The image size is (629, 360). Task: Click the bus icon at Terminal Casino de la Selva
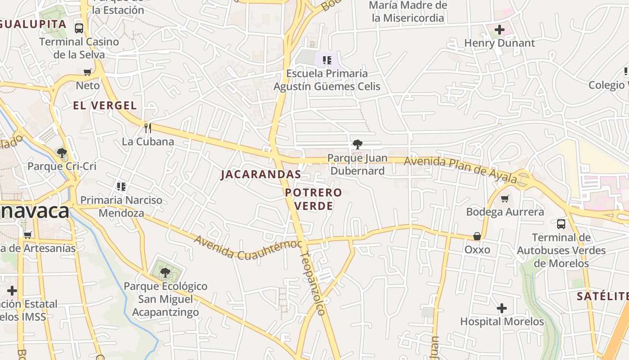pyautogui.click(x=79, y=28)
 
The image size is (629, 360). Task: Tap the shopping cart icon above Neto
pyautogui.click(x=88, y=72)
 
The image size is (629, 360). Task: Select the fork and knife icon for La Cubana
pyautogui.click(x=147, y=128)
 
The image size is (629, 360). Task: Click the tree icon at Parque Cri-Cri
pyautogui.click(x=62, y=153)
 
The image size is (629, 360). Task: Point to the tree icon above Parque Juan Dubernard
pyautogui.click(x=358, y=144)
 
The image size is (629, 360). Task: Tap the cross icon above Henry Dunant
pyautogui.click(x=499, y=30)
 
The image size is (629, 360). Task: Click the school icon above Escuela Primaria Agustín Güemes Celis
pyautogui.click(x=327, y=60)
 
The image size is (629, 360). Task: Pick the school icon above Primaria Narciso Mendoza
pyautogui.click(x=121, y=186)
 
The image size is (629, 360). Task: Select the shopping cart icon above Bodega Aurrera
pyautogui.click(x=505, y=198)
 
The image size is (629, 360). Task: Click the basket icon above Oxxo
pyautogui.click(x=477, y=236)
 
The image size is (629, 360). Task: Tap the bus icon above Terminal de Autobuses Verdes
pyautogui.click(x=561, y=224)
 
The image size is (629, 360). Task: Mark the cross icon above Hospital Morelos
pyautogui.click(x=502, y=308)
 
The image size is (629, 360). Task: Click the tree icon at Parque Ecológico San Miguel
pyautogui.click(x=165, y=272)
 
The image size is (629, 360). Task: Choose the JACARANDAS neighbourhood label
pyautogui.click(x=261, y=175)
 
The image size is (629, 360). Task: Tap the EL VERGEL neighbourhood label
pyautogui.click(x=105, y=106)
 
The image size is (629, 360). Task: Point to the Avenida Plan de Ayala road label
pyautogui.click(x=461, y=169)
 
